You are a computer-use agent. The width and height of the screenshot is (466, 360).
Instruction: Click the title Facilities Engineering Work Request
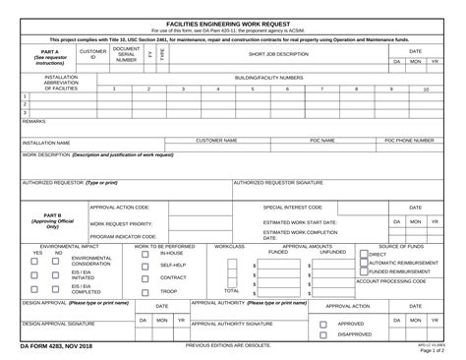pos(232,21)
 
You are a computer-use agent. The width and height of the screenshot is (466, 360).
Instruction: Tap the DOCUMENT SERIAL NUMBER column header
pos(126,54)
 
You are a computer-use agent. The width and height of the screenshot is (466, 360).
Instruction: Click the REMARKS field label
pos(34,121)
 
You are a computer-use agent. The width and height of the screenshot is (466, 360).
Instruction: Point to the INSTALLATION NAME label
pos(47,143)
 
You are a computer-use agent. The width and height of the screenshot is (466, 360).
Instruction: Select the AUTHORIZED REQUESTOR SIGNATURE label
pos(278,182)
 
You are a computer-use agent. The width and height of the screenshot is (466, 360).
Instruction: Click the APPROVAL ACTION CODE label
pos(120,208)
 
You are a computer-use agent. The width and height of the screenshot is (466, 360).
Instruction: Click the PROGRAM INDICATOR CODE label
pos(124,237)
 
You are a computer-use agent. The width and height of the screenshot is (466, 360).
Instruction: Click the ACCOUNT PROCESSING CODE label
pos(390,281)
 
